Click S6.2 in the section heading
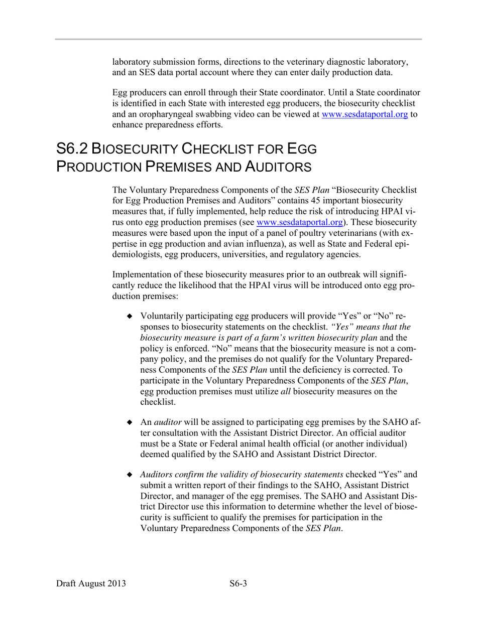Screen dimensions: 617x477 coord(74,148)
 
